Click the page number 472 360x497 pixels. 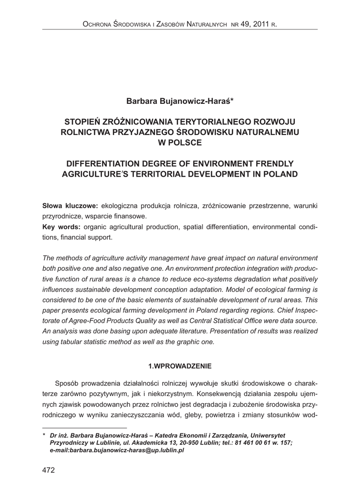click(x=49, y=470)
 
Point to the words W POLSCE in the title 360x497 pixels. click(x=180, y=142)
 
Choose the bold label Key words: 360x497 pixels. click(x=62, y=228)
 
